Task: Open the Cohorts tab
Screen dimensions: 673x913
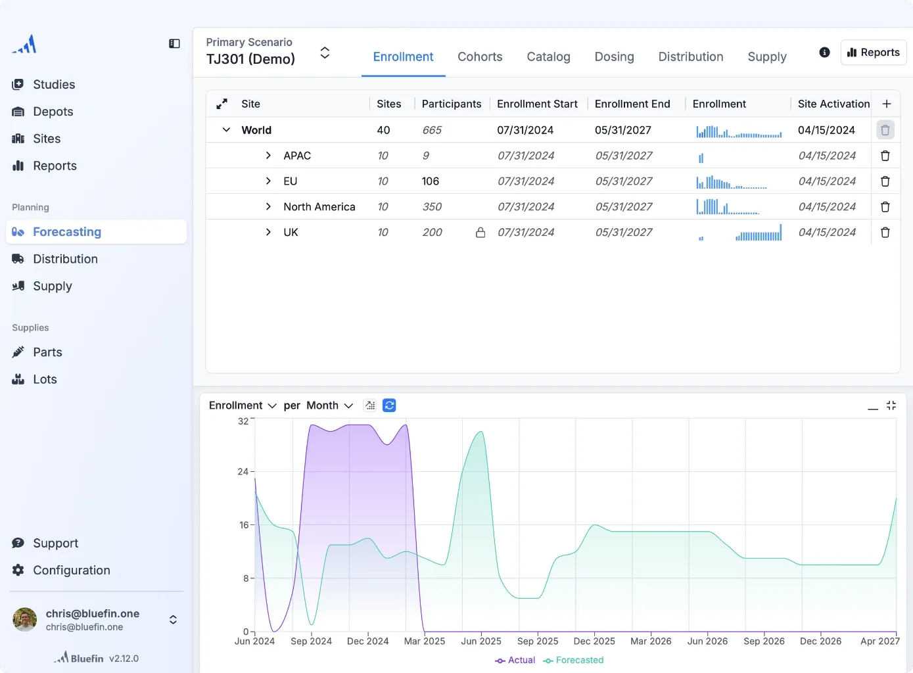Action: [480, 57]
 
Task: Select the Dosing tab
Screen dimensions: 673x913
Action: [614, 57]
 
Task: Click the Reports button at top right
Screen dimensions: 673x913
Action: [873, 53]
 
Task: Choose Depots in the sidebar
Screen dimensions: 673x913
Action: [53, 112]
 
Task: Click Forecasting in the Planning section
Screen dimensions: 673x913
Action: [66, 232]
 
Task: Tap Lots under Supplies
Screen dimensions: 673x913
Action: [45, 379]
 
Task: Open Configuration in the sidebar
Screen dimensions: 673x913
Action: [71, 570]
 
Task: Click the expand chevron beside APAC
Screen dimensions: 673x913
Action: [268, 156]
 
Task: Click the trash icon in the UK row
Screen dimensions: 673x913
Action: [885, 233]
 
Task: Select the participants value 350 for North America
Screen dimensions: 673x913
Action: [432, 207]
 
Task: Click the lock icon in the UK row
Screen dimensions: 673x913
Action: [480, 233]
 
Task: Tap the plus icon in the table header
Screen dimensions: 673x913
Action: [886, 104]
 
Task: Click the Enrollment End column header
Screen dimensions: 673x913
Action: [632, 104]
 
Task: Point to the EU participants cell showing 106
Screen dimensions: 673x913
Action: [431, 181]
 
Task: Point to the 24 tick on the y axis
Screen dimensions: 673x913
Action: [243, 472]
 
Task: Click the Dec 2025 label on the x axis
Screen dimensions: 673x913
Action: [594, 641]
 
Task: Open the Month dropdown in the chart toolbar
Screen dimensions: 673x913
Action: [329, 406]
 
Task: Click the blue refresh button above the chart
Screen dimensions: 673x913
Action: [389, 406]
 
